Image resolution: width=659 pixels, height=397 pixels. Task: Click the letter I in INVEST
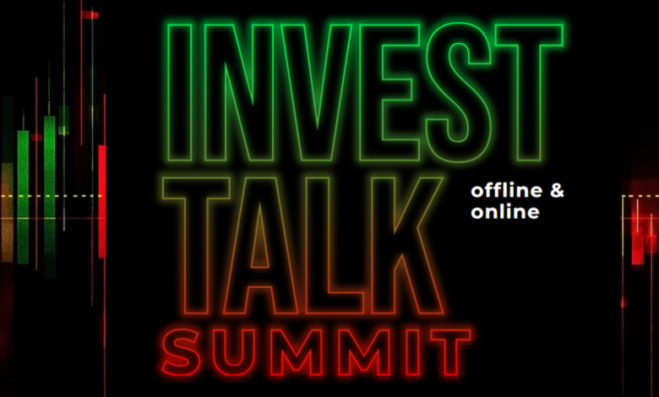[x=179, y=92]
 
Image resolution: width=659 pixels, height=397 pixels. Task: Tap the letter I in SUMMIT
[x=412, y=352]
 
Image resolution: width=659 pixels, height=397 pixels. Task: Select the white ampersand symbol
[x=557, y=191]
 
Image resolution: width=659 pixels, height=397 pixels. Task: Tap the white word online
[x=504, y=211]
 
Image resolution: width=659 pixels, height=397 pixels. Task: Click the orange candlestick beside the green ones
[x=8, y=212]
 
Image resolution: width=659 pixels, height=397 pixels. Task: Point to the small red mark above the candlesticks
[x=90, y=15]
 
